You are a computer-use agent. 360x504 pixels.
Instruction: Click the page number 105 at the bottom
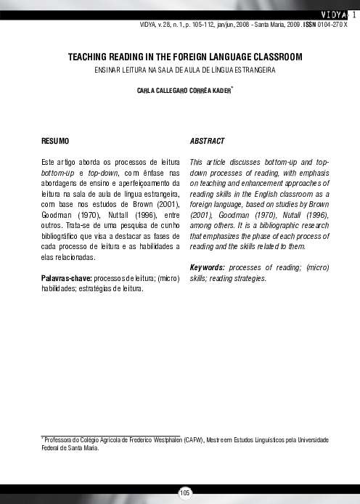pyautogui.click(x=185, y=493)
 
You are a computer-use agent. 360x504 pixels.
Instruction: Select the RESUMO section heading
pyautogui.click(x=55, y=140)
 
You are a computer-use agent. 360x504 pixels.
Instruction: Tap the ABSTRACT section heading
pyautogui.click(x=207, y=140)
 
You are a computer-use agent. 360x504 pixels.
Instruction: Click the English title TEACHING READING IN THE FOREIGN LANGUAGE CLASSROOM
pyautogui.click(x=185, y=56)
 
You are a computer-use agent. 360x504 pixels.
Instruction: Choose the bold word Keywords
pyautogui.click(x=206, y=268)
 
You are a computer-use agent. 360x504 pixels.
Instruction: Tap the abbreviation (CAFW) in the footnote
pyautogui.click(x=194, y=440)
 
